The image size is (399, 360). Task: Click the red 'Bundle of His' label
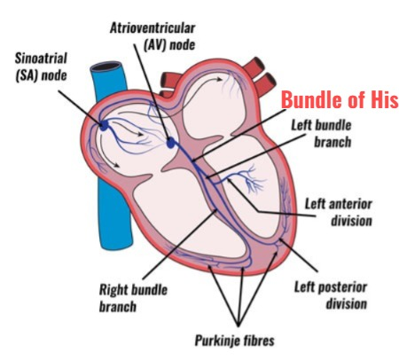click(x=340, y=99)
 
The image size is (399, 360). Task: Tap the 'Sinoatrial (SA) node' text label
click(x=41, y=67)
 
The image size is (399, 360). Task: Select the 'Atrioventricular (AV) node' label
click(x=153, y=36)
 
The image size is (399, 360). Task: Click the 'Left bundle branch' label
click(x=322, y=134)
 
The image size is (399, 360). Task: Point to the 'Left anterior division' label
click(x=339, y=212)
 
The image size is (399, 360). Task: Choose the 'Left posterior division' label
click(x=331, y=295)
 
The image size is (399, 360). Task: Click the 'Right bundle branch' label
click(x=133, y=298)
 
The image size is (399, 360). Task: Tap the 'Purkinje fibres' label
click(x=234, y=340)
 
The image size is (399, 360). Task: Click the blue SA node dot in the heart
click(x=104, y=126)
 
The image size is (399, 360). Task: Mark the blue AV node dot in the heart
click(x=171, y=143)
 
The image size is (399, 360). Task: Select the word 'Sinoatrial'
click(x=41, y=59)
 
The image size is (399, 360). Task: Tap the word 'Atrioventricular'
click(x=153, y=28)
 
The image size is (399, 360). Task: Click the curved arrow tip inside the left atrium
click(x=222, y=79)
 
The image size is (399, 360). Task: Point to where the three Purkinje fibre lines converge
click(x=239, y=325)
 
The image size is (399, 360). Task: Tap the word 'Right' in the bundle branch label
click(x=113, y=290)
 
